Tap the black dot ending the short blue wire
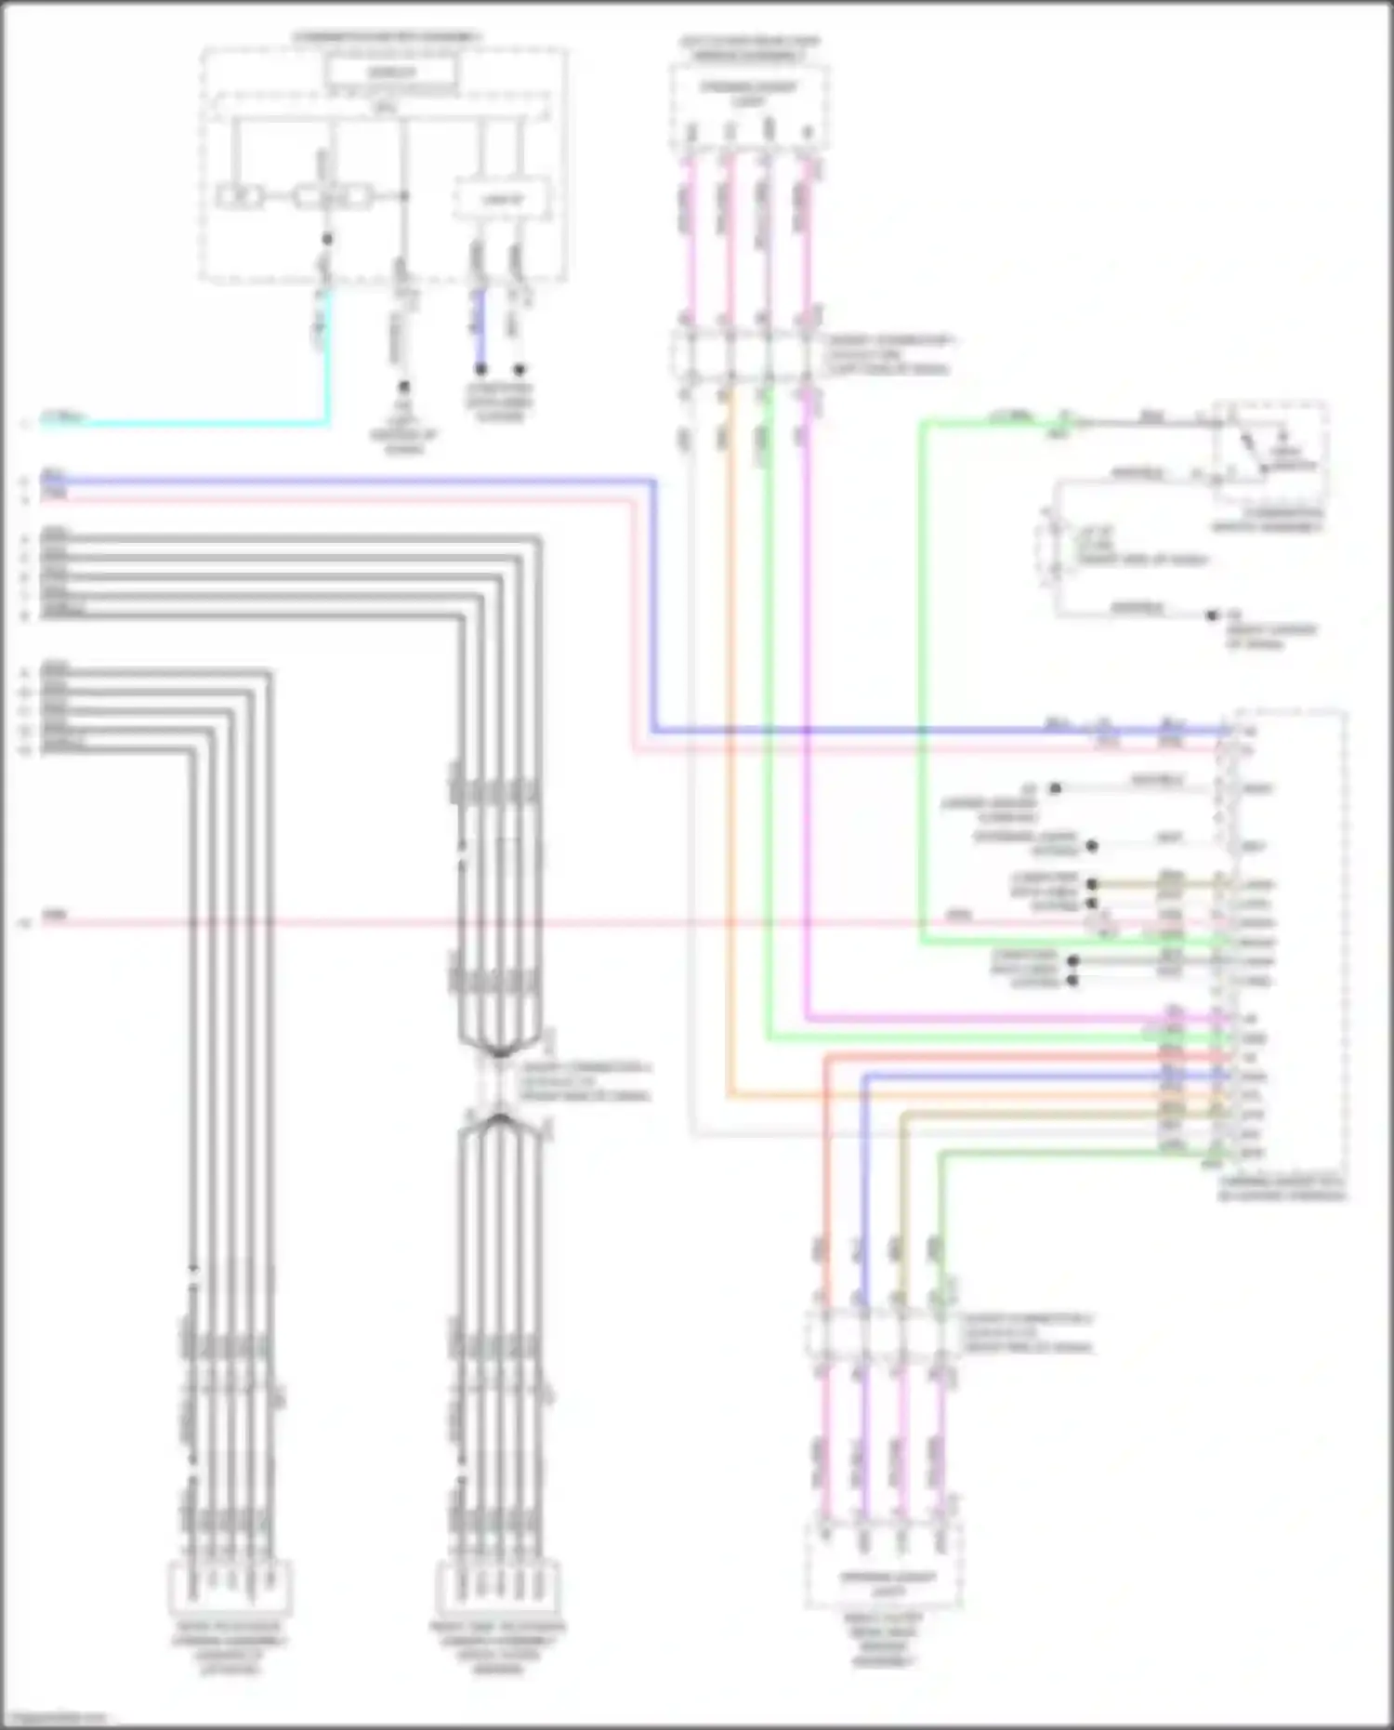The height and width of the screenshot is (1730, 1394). [480, 370]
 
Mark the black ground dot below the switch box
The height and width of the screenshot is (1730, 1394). [1212, 615]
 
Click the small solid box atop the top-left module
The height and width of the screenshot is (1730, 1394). [390, 73]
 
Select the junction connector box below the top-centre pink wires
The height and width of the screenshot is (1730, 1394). [749, 354]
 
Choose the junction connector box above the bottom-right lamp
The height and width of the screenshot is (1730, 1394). [882, 1334]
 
